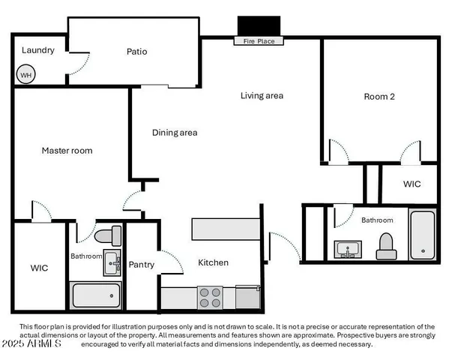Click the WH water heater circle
[25, 75]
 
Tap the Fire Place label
[259, 42]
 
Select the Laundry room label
[37, 50]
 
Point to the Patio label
[136, 52]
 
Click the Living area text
[262, 95]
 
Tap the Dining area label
[175, 133]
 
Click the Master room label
[67, 151]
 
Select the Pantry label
[142, 264]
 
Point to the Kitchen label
[213, 262]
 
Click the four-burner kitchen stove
[210, 298]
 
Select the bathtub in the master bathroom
[95, 295]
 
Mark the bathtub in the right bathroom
[422, 234]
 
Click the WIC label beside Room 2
[412, 184]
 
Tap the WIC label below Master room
[39, 268]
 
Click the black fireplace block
[259, 27]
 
